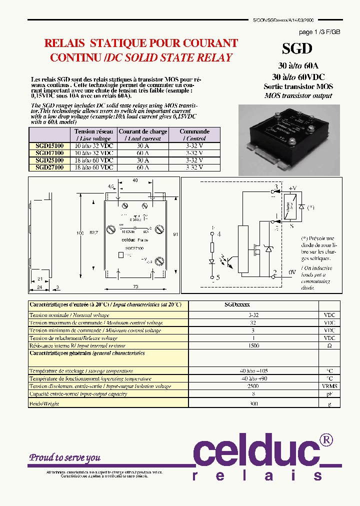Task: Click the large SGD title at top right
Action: (x=297, y=48)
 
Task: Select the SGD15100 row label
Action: (x=49, y=146)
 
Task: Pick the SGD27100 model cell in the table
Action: (x=49, y=167)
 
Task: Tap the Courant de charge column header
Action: (x=143, y=135)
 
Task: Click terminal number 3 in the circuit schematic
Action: (x=274, y=188)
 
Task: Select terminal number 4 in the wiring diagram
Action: (x=218, y=233)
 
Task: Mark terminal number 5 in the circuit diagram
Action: (x=218, y=277)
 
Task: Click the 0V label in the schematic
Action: (x=292, y=272)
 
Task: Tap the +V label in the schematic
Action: (x=292, y=188)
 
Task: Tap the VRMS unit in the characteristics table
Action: (x=330, y=386)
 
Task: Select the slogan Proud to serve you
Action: (x=64, y=457)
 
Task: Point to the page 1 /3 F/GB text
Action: (x=319, y=32)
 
